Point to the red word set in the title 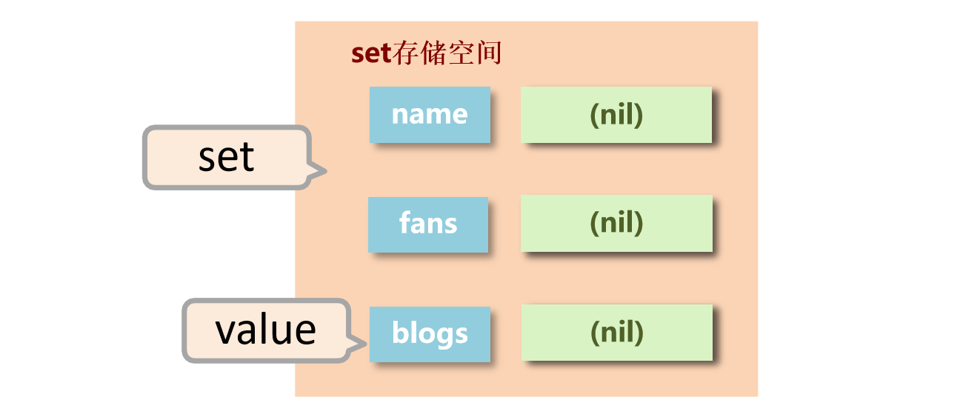(x=370, y=54)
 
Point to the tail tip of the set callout (x=326, y=173)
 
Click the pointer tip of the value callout (x=367, y=343)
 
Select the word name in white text (x=430, y=115)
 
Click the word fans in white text (x=428, y=224)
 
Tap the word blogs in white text (x=430, y=334)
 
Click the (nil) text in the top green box (x=616, y=115)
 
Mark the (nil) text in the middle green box (x=616, y=223)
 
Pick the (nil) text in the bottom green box (x=617, y=333)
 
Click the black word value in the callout (x=265, y=330)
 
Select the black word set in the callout (x=226, y=157)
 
